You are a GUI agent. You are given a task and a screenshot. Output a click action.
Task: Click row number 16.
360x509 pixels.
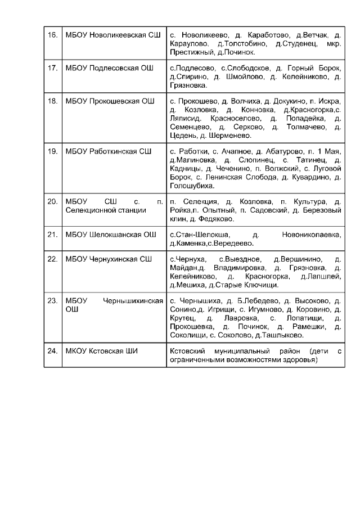pyautogui.click(x=53, y=35)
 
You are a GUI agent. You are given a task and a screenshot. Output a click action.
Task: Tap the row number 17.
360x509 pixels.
pyautogui.click(x=53, y=69)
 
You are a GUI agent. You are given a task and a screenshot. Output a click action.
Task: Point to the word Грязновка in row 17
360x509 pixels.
pyautogui.click(x=188, y=85)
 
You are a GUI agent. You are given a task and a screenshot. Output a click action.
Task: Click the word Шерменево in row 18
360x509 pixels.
pyautogui.click(x=227, y=135)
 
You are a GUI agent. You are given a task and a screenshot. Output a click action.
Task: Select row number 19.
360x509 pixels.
pyautogui.click(x=53, y=151)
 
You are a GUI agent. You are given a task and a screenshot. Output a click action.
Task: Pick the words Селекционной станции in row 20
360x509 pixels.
pyautogui.click(x=106, y=210)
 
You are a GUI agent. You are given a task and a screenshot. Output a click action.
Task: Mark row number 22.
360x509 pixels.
pyautogui.click(x=53, y=259)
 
